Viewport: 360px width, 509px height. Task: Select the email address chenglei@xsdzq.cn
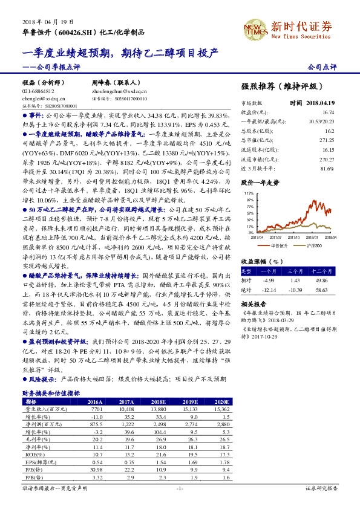pos(37,98)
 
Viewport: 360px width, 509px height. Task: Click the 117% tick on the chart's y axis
pos(249,193)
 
